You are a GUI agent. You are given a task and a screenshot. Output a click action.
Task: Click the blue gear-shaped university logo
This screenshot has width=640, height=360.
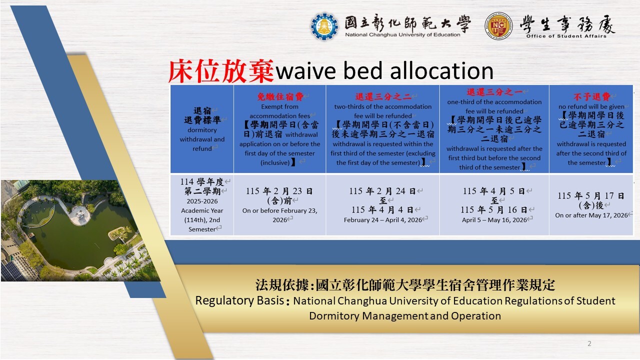tap(324, 26)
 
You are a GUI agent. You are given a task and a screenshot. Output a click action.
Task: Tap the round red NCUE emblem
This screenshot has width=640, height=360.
tap(498, 26)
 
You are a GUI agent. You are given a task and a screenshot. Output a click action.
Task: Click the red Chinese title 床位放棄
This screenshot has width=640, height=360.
tap(221, 71)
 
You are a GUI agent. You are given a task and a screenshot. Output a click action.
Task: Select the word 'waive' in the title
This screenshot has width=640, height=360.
tap(305, 71)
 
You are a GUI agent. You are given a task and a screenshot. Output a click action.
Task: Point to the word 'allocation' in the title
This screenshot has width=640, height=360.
tap(441, 70)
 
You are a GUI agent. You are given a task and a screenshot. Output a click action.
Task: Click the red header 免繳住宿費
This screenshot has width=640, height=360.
tap(279, 97)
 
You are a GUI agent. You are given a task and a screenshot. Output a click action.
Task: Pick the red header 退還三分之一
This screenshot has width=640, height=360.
tap(494, 92)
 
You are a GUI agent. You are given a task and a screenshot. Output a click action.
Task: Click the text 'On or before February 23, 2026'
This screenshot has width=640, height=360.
tap(279, 215)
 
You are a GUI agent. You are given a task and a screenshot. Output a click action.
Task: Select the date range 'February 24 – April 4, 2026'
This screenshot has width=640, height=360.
tap(383, 219)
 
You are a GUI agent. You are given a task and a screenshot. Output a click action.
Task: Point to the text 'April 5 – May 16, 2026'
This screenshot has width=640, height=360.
tap(494, 219)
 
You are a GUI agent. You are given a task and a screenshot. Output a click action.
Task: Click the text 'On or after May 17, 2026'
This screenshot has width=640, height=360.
tap(591, 215)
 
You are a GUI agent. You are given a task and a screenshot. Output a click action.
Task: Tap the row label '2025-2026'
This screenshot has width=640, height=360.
tap(202, 201)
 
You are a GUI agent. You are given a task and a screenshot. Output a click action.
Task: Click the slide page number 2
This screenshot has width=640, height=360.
tap(589, 343)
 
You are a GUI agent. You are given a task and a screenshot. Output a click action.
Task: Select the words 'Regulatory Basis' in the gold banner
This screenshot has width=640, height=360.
tap(239, 300)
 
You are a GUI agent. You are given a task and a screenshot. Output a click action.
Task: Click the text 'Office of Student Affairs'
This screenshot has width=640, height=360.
tap(566, 36)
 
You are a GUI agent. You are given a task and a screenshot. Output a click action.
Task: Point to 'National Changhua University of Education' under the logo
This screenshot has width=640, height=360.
tap(402, 34)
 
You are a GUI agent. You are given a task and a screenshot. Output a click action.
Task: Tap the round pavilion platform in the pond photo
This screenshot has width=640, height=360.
tap(79, 214)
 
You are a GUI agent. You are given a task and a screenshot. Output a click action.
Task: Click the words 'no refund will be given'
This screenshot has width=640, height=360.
tap(591, 106)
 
